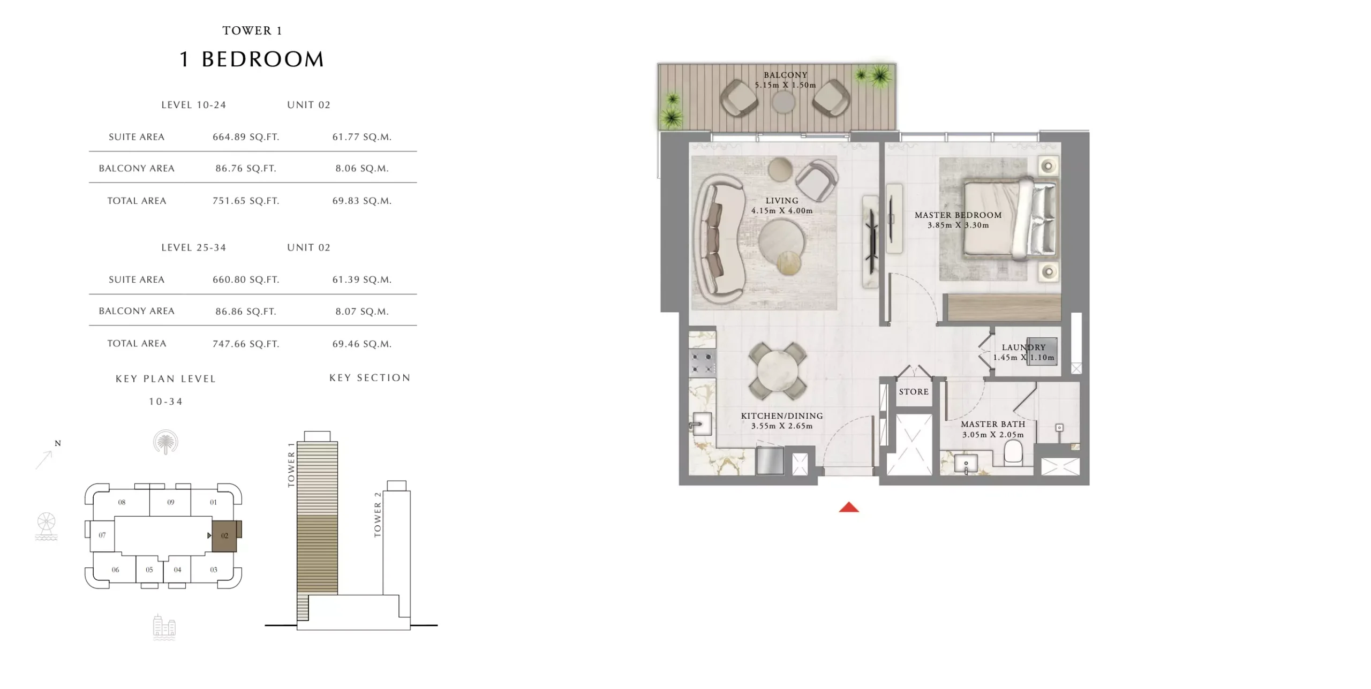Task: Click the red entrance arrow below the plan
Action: tap(849, 507)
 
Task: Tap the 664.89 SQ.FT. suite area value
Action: tap(246, 137)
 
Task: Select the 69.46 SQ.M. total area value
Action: tap(362, 344)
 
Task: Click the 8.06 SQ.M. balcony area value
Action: tap(362, 168)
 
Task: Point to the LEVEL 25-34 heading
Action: tap(194, 247)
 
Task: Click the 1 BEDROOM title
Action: tap(252, 59)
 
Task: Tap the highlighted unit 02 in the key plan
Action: tap(225, 535)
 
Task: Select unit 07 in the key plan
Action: tap(102, 535)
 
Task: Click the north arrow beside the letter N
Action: tap(44, 460)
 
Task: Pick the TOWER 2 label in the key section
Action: tap(378, 514)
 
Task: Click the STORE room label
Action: tap(914, 392)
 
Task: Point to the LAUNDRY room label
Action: tap(1023, 347)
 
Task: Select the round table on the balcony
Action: tap(784, 102)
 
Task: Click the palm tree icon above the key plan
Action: tap(165, 442)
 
